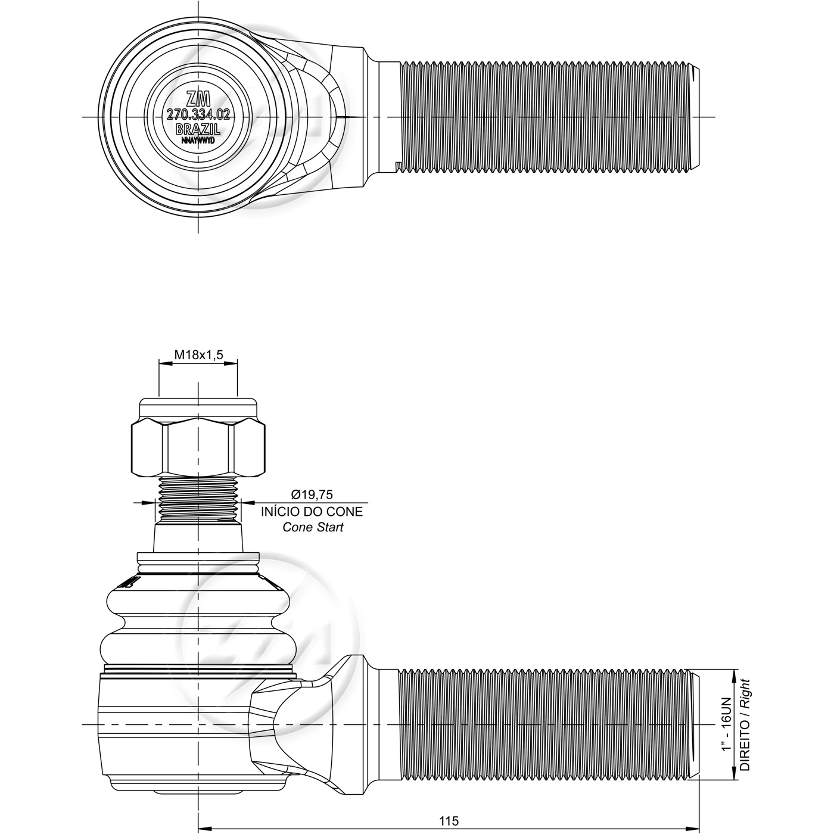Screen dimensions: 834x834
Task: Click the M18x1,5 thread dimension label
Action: (x=198, y=355)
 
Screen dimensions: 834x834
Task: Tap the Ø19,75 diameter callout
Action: (x=312, y=494)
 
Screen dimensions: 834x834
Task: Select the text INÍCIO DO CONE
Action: (x=312, y=512)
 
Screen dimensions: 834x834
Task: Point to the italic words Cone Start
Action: (x=313, y=527)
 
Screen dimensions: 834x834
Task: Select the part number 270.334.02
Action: (x=198, y=114)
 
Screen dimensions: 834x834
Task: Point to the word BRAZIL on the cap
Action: (x=198, y=129)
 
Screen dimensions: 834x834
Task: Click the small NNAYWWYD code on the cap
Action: (x=198, y=141)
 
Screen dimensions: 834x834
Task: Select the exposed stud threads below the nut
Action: (x=198, y=499)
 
